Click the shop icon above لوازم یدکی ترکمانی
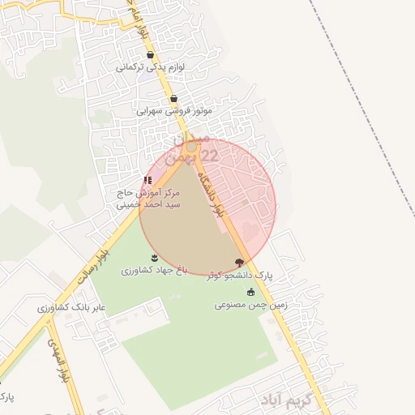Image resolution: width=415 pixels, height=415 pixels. pyautogui.click(x=151, y=55)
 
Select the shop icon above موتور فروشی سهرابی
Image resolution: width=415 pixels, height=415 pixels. pyautogui.click(x=173, y=99)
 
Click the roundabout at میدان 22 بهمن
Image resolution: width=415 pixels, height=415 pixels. pyautogui.click(x=191, y=148)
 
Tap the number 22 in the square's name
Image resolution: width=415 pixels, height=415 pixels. pyautogui.click(x=208, y=154)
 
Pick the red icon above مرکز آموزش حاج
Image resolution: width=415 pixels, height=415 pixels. pyautogui.click(x=148, y=180)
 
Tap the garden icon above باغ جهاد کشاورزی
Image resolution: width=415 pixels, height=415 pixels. pyautogui.click(x=154, y=258)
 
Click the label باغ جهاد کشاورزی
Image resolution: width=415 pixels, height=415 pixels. pyautogui.click(x=154, y=269)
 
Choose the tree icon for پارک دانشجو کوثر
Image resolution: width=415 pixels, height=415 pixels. pyautogui.click(x=239, y=262)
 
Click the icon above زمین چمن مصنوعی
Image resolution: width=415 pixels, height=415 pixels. pyautogui.click(x=250, y=292)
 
